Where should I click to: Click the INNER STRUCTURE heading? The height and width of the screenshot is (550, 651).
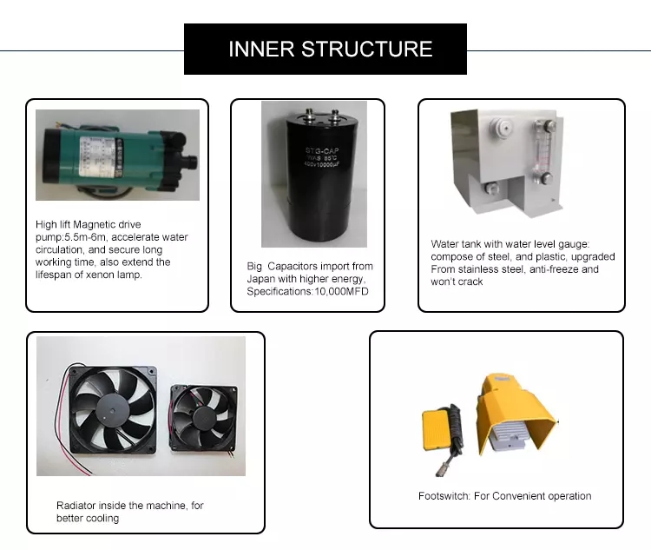pyautogui.click(x=330, y=49)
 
